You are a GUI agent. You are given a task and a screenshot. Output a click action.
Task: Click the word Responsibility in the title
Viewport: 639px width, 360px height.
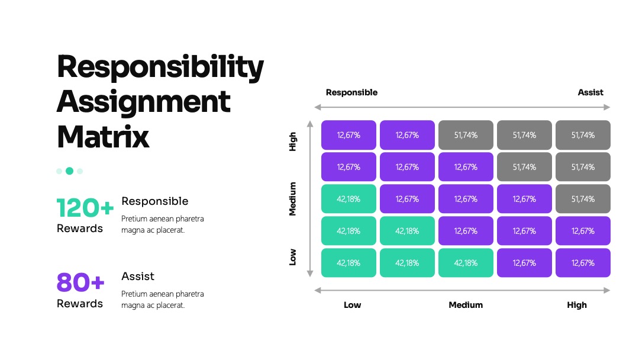pos(160,67)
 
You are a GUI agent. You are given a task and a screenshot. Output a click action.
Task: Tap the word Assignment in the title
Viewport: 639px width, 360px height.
pos(143,102)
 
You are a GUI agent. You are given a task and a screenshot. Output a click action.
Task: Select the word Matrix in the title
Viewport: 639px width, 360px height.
pos(103,137)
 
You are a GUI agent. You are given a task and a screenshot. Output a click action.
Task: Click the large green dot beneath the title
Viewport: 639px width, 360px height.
pos(70,171)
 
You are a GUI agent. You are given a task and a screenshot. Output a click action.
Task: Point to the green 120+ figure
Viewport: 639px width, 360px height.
pos(85,208)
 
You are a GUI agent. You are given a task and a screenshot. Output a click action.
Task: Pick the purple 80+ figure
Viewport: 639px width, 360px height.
pos(80,282)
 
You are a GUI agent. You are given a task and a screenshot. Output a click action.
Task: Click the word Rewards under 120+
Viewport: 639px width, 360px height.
pos(80,229)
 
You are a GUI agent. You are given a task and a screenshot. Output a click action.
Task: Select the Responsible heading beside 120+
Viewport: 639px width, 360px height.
pos(155,201)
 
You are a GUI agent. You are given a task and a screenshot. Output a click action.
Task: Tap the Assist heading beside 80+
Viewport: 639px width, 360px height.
pos(138,277)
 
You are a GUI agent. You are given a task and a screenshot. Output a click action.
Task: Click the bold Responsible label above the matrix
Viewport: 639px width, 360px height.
pos(351,92)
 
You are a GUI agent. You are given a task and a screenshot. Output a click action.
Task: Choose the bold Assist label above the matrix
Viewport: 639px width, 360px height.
pos(590,92)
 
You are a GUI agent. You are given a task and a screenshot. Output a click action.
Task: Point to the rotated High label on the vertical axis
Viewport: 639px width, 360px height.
pos(293,142)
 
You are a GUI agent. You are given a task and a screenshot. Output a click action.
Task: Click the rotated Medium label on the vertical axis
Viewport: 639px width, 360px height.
pos(293,199)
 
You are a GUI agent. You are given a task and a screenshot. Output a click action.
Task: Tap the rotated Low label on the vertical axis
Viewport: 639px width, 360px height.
pos(293,257)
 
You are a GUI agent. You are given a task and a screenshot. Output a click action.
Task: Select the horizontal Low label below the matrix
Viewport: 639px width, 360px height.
pos(353,305)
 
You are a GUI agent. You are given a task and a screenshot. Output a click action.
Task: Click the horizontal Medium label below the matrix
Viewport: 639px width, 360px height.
pos(466,305)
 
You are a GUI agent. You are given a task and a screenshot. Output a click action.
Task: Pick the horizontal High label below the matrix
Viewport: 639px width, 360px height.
pos(577,305)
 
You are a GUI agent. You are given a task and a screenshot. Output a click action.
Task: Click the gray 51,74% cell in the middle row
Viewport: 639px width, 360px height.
pos(583,199)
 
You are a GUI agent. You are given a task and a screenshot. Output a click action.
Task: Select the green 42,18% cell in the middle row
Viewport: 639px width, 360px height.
pos(349,199)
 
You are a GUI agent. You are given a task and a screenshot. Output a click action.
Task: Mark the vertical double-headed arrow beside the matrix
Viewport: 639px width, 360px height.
pos(310,199)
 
